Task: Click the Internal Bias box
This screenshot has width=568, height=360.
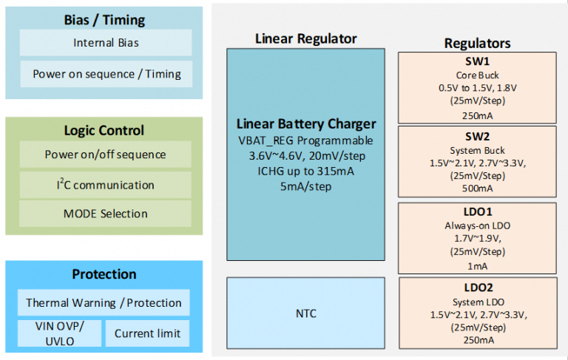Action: click(105, 43)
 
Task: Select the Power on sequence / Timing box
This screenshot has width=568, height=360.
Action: click(105, 74)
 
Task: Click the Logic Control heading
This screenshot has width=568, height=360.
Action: click(104, 130)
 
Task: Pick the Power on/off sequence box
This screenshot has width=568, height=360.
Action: click(105, 154)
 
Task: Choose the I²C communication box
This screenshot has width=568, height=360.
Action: click(105, 184)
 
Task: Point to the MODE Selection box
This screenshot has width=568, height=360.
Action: click(105, 214)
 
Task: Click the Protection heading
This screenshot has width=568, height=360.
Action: click(104, 274)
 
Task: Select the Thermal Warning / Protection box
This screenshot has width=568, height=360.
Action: click(104, 302)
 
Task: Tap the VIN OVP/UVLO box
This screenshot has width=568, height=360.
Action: click(60, 333)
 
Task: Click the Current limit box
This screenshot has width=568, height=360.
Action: click(148, 333)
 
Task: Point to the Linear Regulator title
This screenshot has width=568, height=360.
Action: click(305, 38)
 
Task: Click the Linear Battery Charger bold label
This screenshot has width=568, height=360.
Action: click(306, 123)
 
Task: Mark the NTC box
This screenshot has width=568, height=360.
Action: click(305, 313)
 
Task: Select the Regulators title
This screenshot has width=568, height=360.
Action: click(477, 44)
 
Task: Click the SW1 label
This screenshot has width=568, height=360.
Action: click(477, 61)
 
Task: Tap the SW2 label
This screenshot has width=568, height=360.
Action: click(477, 136)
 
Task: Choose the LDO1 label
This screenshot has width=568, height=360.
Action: click(477, 211)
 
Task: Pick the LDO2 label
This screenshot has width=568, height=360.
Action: click(477, 287)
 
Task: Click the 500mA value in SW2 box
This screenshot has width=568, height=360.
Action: click(477, 189)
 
